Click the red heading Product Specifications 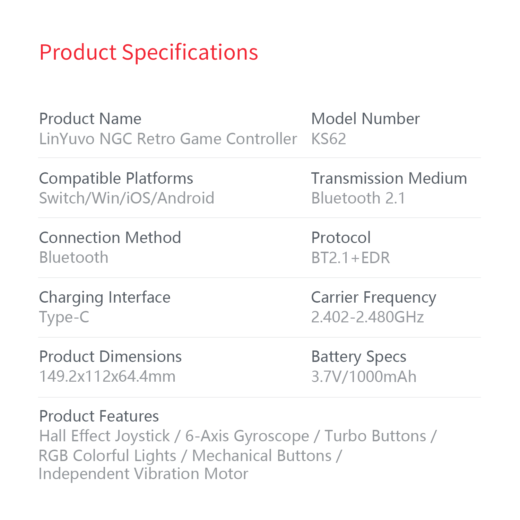[x=149, y=53]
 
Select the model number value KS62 [x=329, y=139]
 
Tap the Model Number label [x=365, y=119]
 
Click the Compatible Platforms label [x=116, y=179]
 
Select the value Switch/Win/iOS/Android [x=127, y=198]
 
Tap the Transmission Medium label [x=389, y=178]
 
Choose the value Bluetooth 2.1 [x=358, y=198]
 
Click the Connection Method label [x=110, y=238]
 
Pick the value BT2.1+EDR [x=351, y=258]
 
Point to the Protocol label [x=341, y=238]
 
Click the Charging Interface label [x=105, y=298]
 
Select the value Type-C [x=64, y=318]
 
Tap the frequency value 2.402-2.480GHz [x=367, y=317]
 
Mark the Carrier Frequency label [x=374, y=298]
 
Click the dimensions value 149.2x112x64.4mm [x=107, y=376]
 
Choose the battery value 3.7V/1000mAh [x=364, y=377]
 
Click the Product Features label [x=99, y=416]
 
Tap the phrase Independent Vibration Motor [x=144, y=474]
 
